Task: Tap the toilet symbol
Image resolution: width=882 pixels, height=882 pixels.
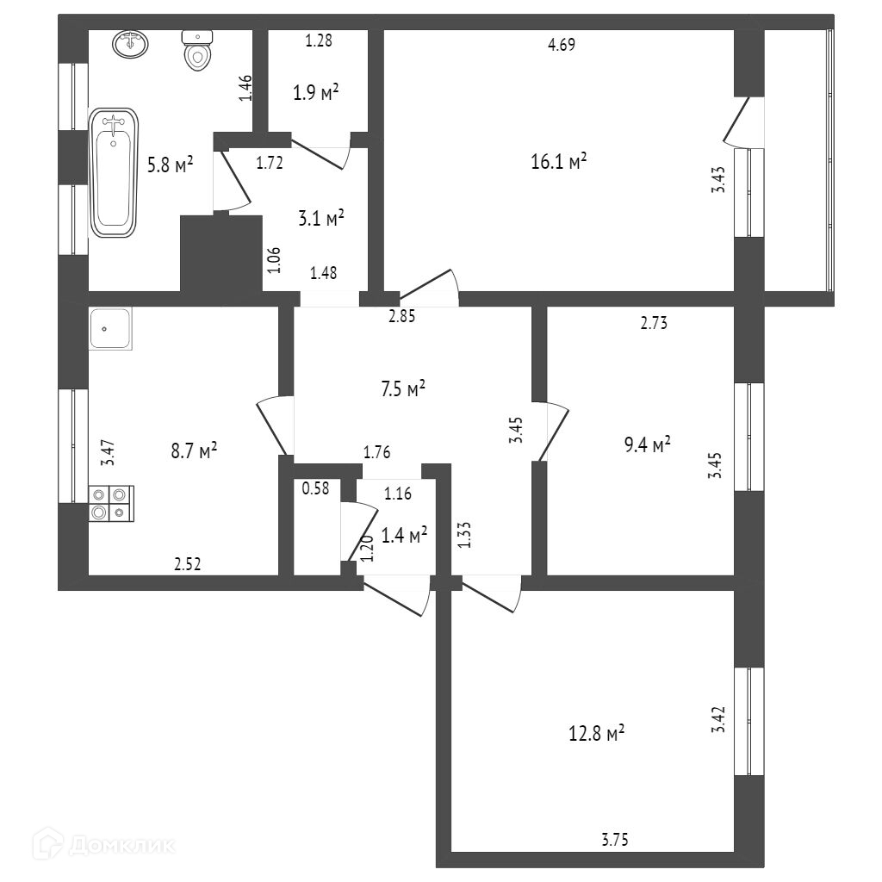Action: (197, 51)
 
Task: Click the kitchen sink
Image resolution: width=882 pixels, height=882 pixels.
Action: (110, 329)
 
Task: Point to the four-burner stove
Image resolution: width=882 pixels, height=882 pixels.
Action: (111, 504)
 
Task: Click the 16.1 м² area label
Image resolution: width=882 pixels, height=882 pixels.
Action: (560, 161)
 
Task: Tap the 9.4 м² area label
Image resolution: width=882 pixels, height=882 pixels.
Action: (645, 444)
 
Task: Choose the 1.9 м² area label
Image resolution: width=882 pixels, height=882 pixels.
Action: (314, 94)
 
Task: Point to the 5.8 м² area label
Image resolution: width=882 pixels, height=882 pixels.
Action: (170, 165)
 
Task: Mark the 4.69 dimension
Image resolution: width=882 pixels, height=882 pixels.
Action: (561, 46)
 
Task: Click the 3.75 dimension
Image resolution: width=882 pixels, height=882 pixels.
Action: (614, 839)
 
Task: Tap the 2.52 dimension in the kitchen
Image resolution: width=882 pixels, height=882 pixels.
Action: (187, 565)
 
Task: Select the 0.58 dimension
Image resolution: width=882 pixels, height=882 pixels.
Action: (314, 489)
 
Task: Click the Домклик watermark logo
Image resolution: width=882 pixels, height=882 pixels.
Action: (108, 845)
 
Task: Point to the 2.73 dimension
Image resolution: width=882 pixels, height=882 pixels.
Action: (654, 324)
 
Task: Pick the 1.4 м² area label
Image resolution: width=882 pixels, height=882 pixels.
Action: (405, 537)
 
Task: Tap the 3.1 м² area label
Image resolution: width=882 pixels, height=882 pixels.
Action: (320, 219)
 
